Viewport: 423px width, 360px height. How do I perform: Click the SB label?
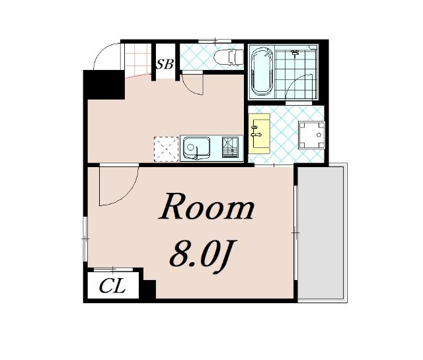tap(165, 64)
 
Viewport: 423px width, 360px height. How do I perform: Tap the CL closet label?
tap(112, 286)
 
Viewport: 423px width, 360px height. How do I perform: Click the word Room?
tap(206, 207)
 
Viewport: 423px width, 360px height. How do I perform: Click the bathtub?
tap(262, 72)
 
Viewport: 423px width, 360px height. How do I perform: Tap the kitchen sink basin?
tap(197, 148)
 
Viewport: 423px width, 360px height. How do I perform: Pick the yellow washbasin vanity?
tap(259, 133)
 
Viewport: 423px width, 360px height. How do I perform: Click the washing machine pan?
tap(311, 135)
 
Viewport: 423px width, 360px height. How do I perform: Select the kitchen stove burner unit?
tap(230, 147)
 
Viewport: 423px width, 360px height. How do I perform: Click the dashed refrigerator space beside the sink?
tap(166, 149)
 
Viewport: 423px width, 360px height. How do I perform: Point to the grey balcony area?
tap(320, 233)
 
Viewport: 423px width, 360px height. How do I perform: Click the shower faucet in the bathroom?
tap(295, 53)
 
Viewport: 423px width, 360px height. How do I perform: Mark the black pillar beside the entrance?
tap(104, 85)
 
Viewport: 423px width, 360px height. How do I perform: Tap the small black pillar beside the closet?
tap(149, 289)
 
